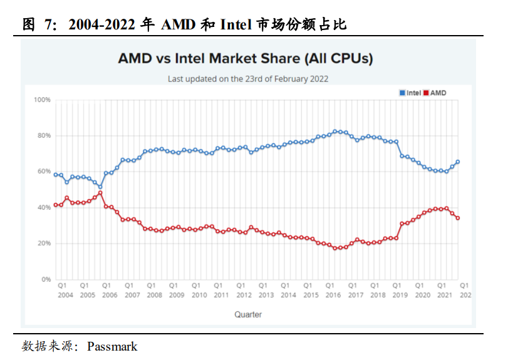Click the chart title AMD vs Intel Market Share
[x=246, y=59]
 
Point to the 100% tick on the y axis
[x=42, y=100]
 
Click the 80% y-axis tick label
[x=43, y=136]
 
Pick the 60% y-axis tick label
[x=43, y=172]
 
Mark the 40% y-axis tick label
[x=43, y=208]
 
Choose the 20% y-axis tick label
[x=43, y=244]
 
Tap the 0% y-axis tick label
[x=45, y=279]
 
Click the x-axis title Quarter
[x=248, y=314]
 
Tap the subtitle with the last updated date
[x=247, y=79]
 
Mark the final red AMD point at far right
[x=458, y=218]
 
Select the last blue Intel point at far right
[x=458, y=162]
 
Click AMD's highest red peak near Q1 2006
[x=100, y=193]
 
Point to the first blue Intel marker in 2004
[x=56, y=175]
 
